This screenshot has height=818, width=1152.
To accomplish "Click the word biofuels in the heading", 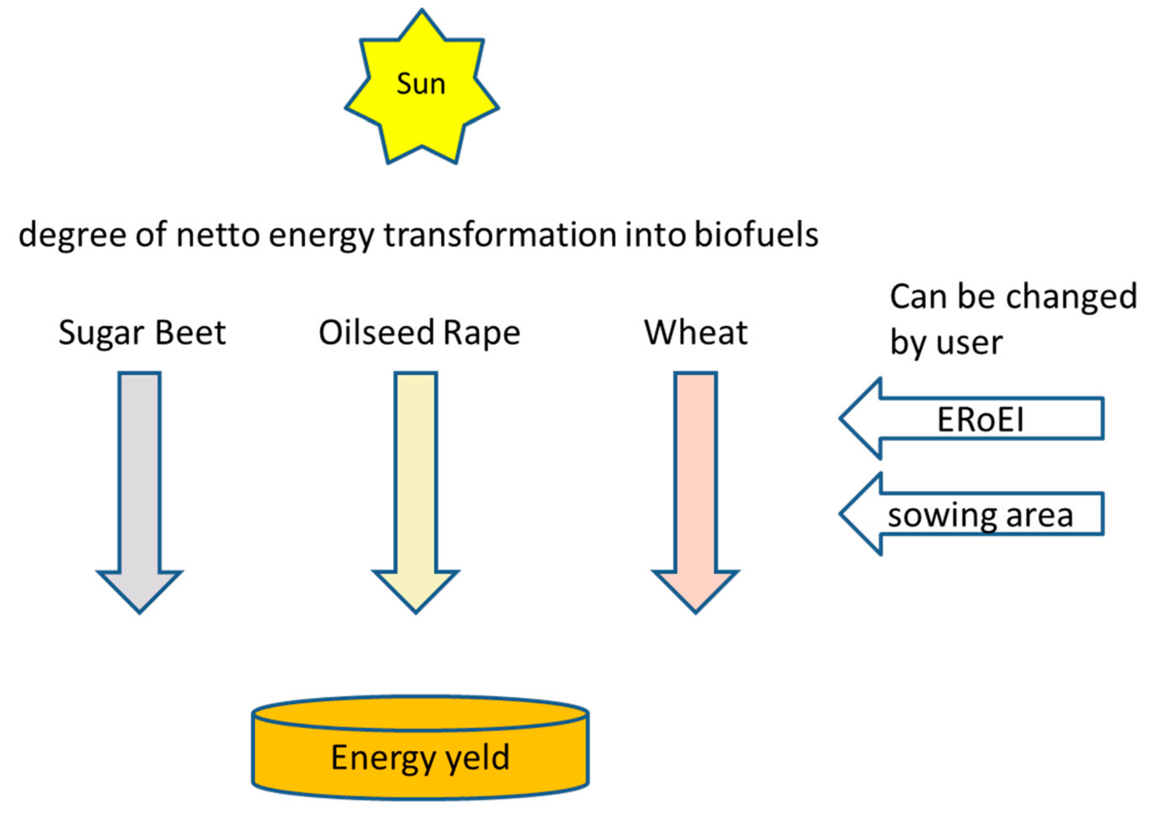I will pos(756,235).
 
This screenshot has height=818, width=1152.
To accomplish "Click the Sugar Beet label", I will pos(142,333).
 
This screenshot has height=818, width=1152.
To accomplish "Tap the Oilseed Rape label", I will pos(419,333).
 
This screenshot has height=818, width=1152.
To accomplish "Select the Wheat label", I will pos(696,332).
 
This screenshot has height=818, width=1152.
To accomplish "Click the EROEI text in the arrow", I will pos(980,419).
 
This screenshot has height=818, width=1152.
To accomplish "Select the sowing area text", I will pos(980,516).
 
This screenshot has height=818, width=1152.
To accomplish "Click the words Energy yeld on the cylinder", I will pos(420,757).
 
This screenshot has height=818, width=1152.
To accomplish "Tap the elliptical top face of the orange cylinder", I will pos(420,713).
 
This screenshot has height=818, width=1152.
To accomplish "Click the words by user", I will pos(946,343).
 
